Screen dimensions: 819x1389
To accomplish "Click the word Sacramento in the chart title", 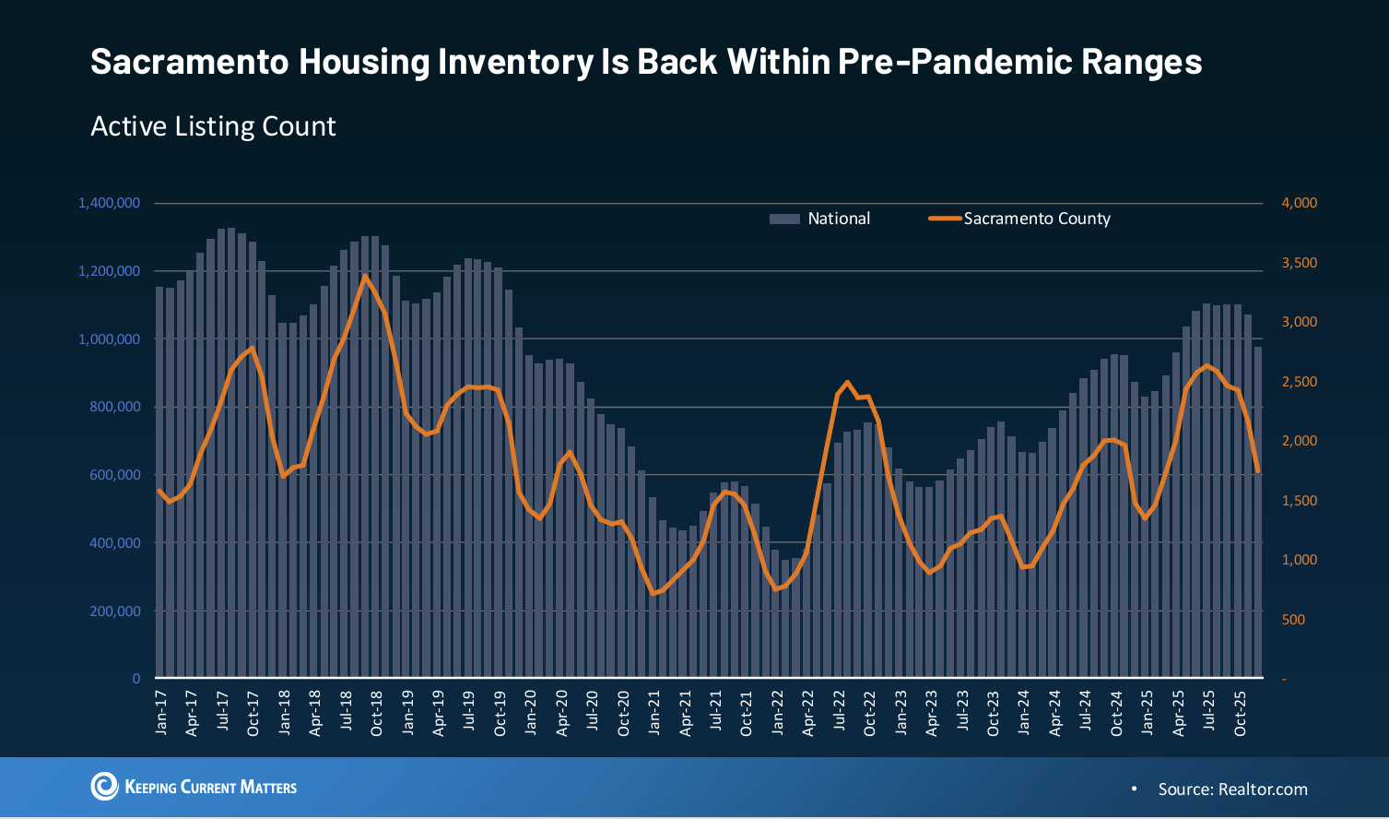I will (189, 62).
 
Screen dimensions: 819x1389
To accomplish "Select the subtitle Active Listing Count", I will (213, 126).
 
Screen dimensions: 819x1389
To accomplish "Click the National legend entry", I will (838, 219).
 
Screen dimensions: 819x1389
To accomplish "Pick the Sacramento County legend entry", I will (1036, 219).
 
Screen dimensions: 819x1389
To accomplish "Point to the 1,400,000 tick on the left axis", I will (110, 203).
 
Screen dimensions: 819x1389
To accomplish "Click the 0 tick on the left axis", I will (136, 679).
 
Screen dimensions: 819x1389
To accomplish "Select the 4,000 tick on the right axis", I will (1299, 203).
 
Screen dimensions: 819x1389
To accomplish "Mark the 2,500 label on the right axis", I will (1299, 382).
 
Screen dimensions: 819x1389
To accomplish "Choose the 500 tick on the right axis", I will (1293, 620).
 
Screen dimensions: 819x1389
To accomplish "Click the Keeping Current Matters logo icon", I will (104, 786).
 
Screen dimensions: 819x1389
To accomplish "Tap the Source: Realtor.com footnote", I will (1232, 789).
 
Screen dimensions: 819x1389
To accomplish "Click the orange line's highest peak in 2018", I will (365, 276).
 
